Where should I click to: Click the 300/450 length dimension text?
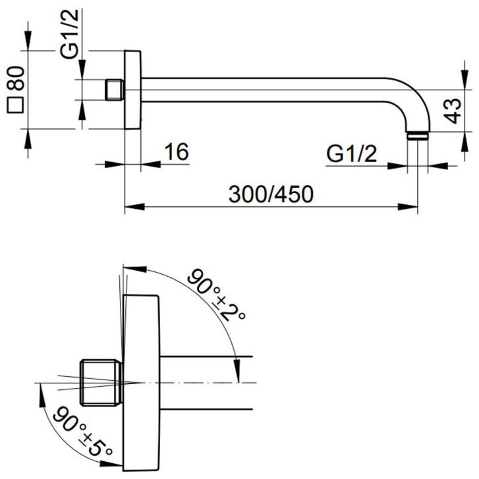tap(271, 194)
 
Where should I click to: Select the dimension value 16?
tap(177, 152)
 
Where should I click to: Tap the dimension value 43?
tap(452, 111)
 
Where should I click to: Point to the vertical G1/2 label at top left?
tap(69, 34)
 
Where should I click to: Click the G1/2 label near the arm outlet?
tap(352, 154)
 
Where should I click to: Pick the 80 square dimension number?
tap(15, 78)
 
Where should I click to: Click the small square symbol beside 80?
tap(15, 105)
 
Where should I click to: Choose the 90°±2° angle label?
tap(216, 294)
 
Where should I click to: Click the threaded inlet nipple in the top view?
tap(115, 90)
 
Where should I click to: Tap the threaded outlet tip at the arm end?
tap(418, 136)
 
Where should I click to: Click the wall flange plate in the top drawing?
tap(132, 90)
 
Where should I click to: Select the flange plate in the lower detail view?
tap(141, 383)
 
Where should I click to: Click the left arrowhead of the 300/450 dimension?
tap(134, 207)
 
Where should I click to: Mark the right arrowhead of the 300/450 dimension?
tap(408, 207)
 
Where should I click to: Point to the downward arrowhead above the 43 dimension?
tap(465, 80)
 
